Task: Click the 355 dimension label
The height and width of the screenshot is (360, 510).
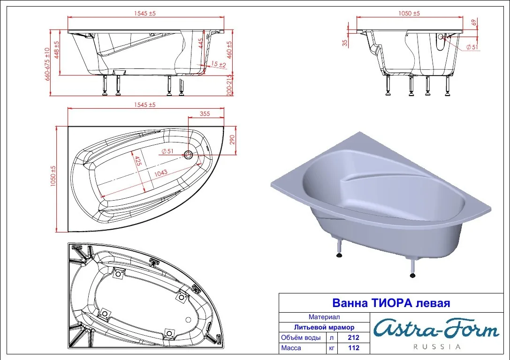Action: pos(205,114)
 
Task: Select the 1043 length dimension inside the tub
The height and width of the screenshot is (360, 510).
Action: pos(160,173)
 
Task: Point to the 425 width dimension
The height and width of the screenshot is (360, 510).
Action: pos(138,161)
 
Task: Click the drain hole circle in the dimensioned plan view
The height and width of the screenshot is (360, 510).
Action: pos(188,155)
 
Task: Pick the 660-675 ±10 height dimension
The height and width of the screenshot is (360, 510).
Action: pos(47,64)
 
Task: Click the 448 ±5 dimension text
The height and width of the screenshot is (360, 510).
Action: pos(57,50)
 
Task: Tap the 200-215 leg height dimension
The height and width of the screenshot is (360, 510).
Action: pos(229,85)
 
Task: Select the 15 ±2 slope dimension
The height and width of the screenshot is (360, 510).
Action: pos(218,64)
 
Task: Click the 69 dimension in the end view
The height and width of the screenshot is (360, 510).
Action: pos(474,22)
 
